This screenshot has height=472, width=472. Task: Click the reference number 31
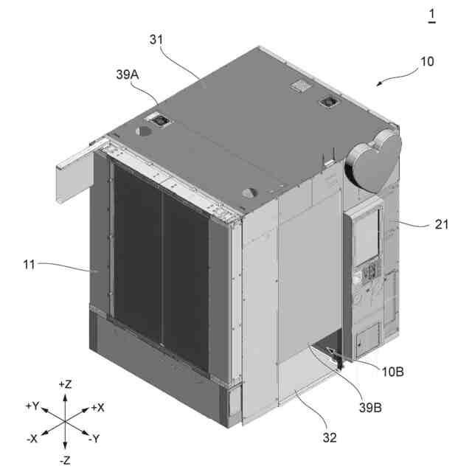click(156, 40)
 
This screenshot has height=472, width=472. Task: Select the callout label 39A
click(128, 74)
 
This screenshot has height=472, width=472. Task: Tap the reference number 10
click(427, 61)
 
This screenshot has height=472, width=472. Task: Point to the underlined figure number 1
click(432, 15)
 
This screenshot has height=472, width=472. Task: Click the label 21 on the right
click(442, 224)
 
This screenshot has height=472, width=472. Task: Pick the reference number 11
click(29, 265)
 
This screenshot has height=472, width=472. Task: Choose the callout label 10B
click(392, 372)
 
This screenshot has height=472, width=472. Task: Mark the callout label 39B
click(370, 408)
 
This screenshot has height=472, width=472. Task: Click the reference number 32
click(330, 437)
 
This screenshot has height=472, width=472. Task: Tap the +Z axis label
click(65, 384)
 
